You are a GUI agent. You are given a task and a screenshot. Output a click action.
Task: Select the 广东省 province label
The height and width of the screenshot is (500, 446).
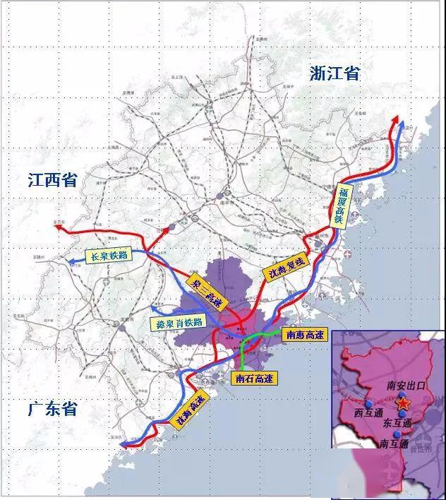52,409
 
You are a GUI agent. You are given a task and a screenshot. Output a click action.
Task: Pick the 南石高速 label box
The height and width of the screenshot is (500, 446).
254,378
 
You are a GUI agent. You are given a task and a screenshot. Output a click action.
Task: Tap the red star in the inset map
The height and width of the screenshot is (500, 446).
403,403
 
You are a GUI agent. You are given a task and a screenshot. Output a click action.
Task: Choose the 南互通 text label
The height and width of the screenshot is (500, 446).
393,445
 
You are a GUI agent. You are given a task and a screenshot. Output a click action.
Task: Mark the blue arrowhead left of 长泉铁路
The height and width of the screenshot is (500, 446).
71,261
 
